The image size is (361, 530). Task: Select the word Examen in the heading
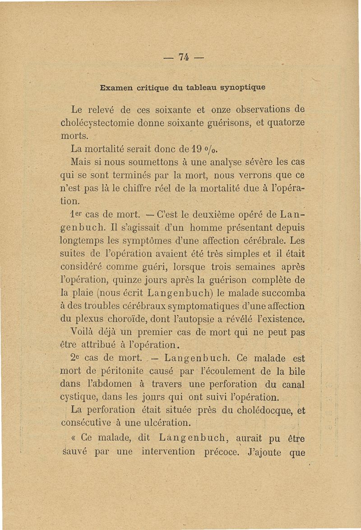tap(116, 87)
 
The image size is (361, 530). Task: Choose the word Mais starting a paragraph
tap(81, 161)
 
